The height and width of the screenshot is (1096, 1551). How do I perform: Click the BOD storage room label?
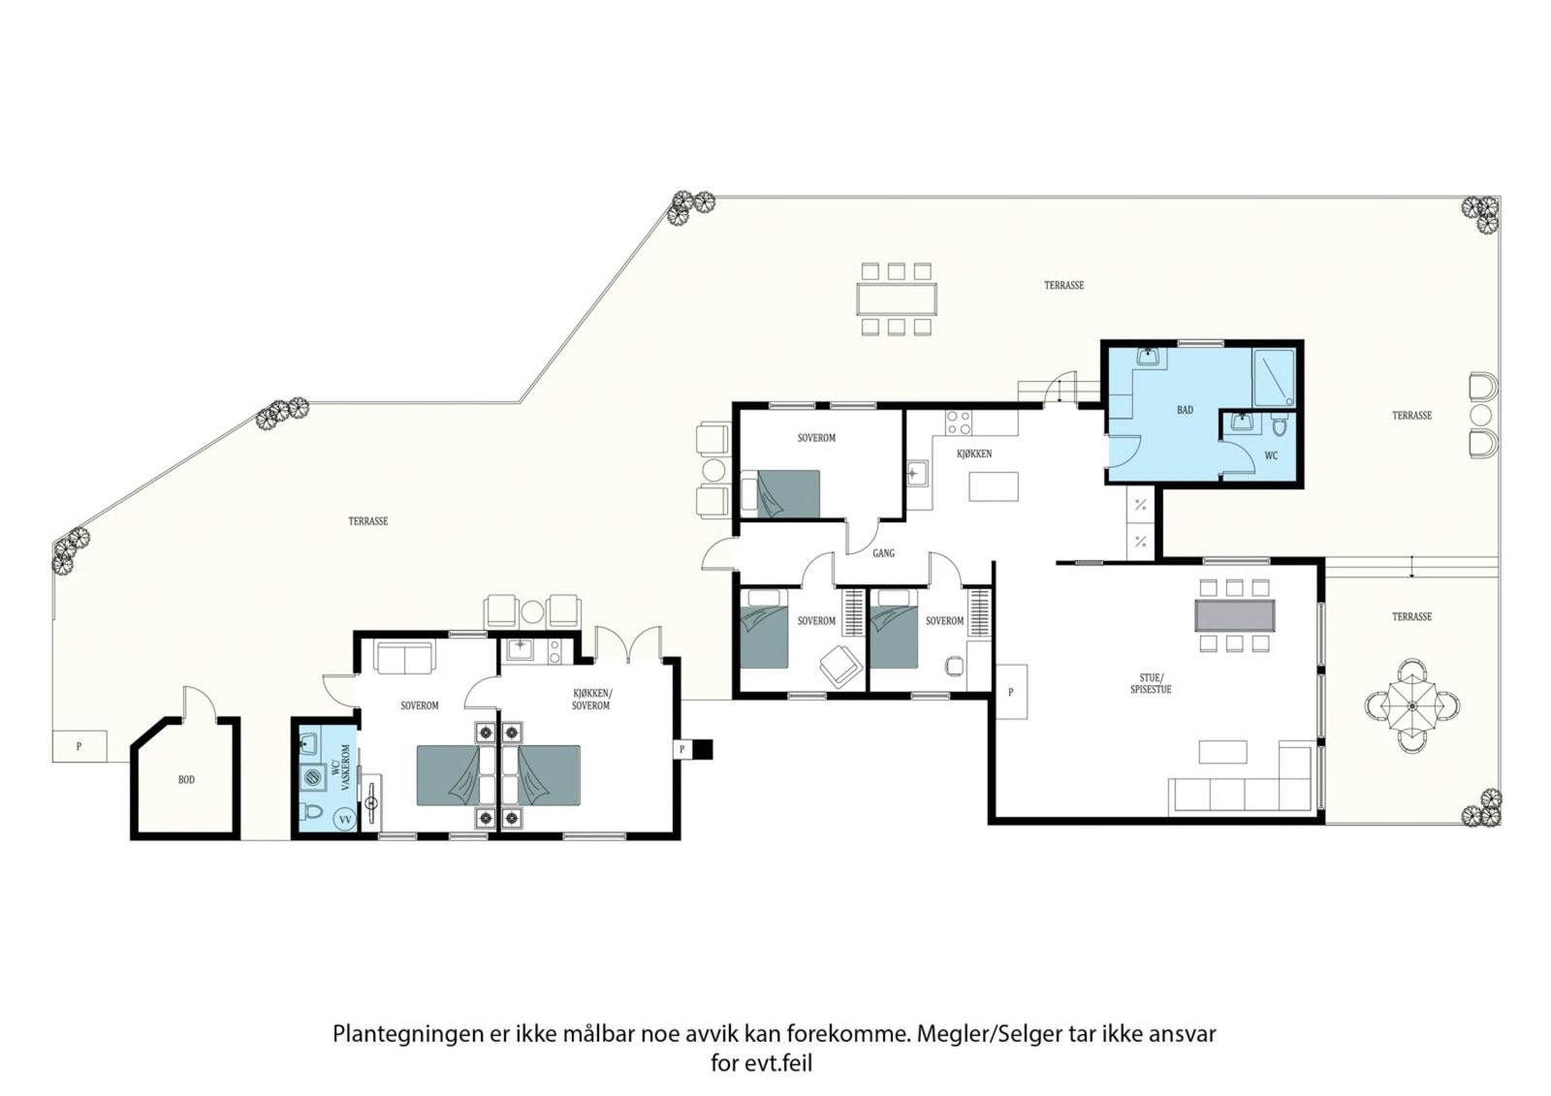pyautogui.click(x=186, y=779)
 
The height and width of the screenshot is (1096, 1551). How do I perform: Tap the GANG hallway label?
pyautogui.click(x=883, y=553)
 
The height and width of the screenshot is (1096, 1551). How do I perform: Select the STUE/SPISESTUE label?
pyautogui.click(x=1151, y=684)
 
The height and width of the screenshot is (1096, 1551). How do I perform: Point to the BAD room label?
pyautogui.click(x=1185, y=410)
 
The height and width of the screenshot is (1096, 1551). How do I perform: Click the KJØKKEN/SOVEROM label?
pyautogui.click(x=592, y=700)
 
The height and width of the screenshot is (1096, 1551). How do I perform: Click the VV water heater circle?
pyautogui.click(x=345, y=820)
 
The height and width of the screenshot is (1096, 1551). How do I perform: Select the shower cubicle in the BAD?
pyautogui.click(x=1274, y=377)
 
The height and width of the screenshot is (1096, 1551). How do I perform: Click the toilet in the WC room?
pyautogui.click(x=1279, y=426)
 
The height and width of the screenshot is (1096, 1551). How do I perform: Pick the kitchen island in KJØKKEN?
pyautogui.click(x=994, y=486)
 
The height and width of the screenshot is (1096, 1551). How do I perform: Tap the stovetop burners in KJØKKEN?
pyautogui.click(x=959, y=423)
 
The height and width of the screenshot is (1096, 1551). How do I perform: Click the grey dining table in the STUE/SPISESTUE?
pyautogui.click(x=1235, y=615)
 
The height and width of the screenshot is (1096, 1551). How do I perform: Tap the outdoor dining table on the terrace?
pyautogui.click(x=896, y=299)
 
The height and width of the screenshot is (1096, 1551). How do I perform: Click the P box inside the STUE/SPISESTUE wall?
pyautogui.click(x=1011, y=692)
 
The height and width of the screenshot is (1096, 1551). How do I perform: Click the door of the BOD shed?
pyautogui.click(x=199, y=703)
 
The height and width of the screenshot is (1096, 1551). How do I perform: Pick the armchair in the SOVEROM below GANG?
pyautogui.click(x=839, y=663)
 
